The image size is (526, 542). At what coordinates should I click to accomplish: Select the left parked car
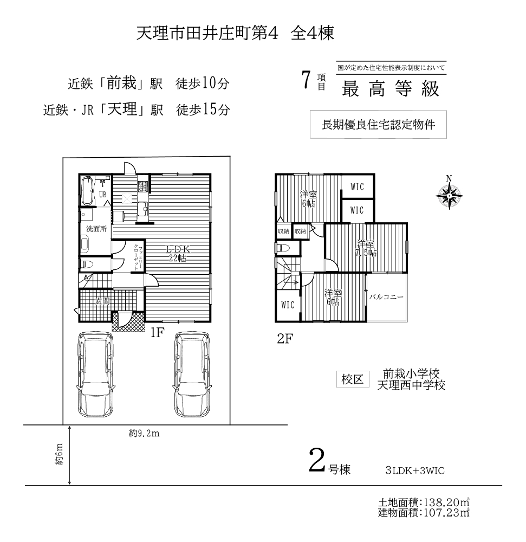tap(96, 375)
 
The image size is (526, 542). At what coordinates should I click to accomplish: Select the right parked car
tap(192, 375)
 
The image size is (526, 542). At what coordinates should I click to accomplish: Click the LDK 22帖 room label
tap(178, 253)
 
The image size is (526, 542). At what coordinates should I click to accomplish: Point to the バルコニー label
tap(386, 297)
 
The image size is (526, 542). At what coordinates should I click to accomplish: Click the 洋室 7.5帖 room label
tap(366, 248)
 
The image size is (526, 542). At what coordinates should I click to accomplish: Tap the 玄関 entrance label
tap(102, 301)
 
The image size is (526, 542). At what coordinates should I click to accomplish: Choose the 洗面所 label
tap(96, 229)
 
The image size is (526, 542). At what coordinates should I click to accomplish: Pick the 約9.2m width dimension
tap(144, 434)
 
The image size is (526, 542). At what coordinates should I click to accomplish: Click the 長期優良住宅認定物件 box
tap(378, 125)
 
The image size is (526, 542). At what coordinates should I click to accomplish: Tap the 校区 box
tap(353, 379)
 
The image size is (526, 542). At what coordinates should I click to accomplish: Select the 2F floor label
tap(285, 339)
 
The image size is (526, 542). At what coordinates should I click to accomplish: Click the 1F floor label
tap(157, 333)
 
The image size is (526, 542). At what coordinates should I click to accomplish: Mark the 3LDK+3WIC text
tap(415, 471)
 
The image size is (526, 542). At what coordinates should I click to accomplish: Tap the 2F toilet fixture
tap(283, 248)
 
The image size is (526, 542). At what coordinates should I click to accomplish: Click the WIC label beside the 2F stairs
tap(288, 305)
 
